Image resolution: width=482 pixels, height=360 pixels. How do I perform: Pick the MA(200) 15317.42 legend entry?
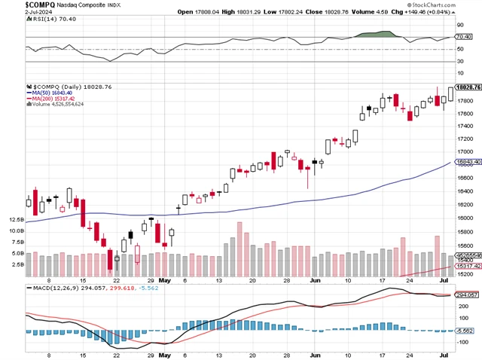tap(54, 99)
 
